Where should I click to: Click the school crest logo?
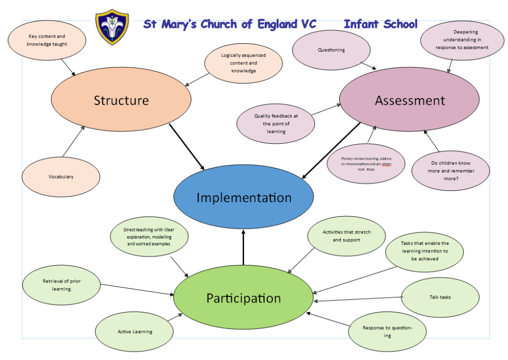(x=112, y=28)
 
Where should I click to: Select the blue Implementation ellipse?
(x=244, y=197)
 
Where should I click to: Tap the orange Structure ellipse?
(x=121, y=100)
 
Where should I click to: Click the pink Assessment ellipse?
(x=409, y=100)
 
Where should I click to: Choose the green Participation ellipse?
(x=243, y=298)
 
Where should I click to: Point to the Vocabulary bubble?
(x=61, y=177)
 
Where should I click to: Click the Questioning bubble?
(x=331, y=50)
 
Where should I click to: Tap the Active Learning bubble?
(x=134, y=331)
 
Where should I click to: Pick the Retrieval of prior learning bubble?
(x=62, y=285)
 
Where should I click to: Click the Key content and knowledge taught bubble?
(x=47, y=40)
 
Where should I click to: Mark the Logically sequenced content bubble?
(x=244, y=63)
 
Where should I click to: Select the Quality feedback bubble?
(x=276, y=123)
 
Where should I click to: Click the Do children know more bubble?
(x=450, y=171)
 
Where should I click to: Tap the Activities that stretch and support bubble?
(x=346, y=236)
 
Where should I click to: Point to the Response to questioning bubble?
(x=387, y=332)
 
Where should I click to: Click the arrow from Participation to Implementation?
(x=244, y=248)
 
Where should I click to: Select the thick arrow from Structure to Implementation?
(x=187, y=147)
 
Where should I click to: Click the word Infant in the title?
(x=362, y=24)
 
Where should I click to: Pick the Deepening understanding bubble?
(x=461, y=40)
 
